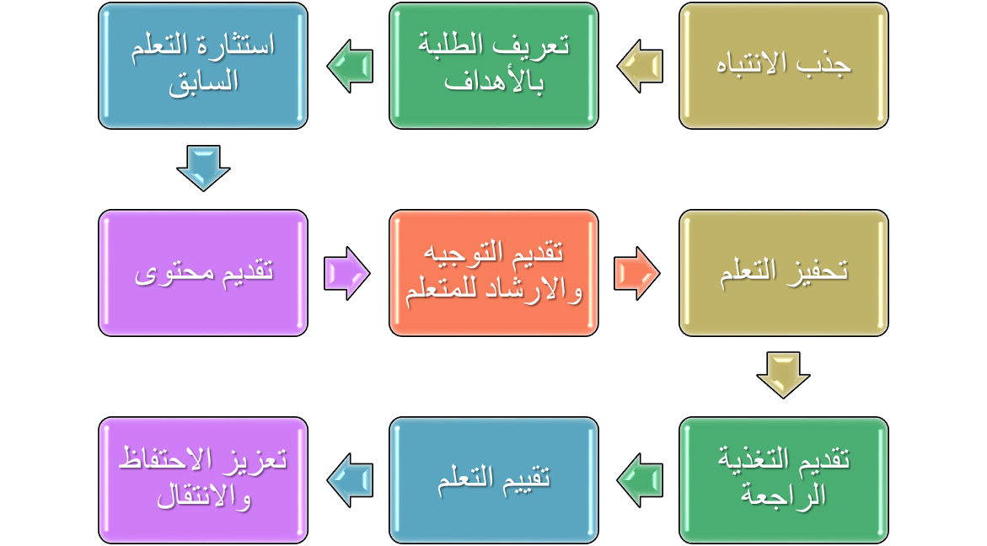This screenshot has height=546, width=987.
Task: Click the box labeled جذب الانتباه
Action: tap(784, 66)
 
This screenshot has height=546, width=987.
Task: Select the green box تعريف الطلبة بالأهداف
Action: tap(494, 66)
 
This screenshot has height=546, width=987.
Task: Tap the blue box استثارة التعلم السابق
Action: tap(203, 66)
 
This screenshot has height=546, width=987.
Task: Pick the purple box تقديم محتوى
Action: tap(203, 273)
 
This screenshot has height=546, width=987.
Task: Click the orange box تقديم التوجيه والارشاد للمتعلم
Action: tap(494, 273)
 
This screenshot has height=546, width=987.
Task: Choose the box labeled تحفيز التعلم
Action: tap(784, 273)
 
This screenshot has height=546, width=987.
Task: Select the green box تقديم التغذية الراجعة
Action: tap(784, 480)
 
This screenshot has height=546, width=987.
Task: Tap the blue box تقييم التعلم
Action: tap(494, 480)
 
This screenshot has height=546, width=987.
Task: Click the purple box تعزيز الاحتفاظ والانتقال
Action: tap(203, 480)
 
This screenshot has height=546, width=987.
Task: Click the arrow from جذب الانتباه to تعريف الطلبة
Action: tap(640, 66)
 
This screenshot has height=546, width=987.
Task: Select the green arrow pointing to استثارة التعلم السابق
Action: tap(350, 66)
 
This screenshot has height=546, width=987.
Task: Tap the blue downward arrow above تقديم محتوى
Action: tap(203, 167)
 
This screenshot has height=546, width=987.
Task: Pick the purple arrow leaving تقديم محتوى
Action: tap(346, 273)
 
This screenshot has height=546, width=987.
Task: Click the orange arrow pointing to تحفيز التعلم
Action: tap(636, 273)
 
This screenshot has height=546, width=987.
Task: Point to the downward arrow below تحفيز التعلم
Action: tap(783, 374)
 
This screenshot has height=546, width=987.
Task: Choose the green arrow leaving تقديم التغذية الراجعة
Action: tap(640, 480)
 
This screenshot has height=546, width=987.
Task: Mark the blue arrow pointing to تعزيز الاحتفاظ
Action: tap(350, 480)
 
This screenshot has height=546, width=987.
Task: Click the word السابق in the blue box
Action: tap(203, 82)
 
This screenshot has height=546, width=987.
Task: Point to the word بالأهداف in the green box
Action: tap(494, 82)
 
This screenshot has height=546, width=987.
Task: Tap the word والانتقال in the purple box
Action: tap(203, 497)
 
